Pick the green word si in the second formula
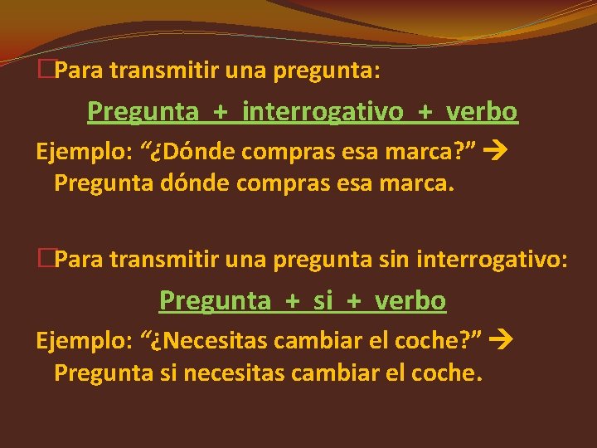point(322,300)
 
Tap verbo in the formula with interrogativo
point(482,111)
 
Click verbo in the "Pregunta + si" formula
point(410,300)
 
